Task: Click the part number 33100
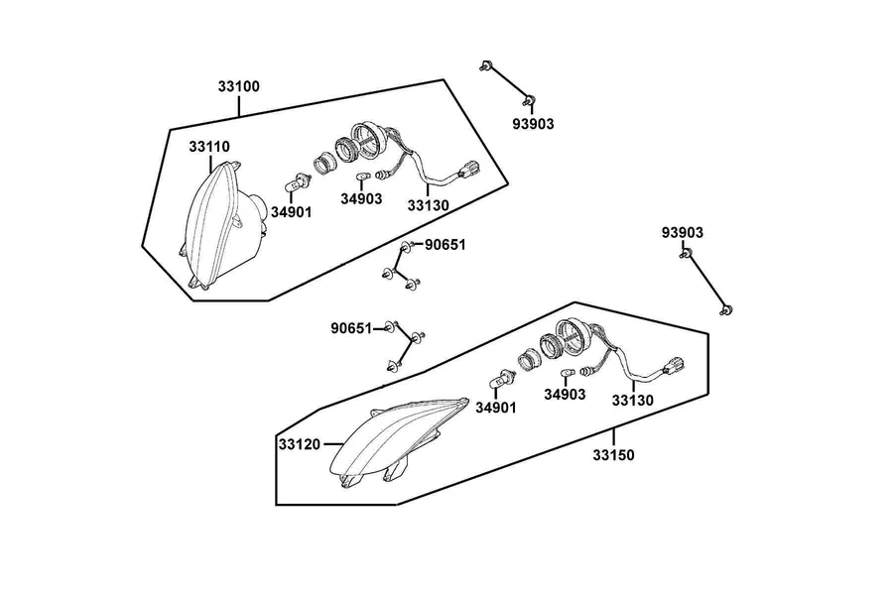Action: [238, 86]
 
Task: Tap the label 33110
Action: [209, 147]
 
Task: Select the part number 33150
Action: [613, 455]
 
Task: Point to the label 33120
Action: [300, 444]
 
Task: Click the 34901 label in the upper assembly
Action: [291, 212]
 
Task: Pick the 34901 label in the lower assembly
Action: [496, 408]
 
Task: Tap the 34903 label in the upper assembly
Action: [361, 198]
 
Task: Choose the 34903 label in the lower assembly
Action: [565, 394]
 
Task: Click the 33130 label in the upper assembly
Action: [429, 205]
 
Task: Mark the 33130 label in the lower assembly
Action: [633, 401]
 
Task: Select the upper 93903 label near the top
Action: [533, 124]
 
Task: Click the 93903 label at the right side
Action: [683, 232]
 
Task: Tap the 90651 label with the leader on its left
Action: [446, 245]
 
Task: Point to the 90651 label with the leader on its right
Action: [351, 328]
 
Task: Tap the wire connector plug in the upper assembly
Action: [470, 170]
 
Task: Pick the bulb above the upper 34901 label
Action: [298, 183]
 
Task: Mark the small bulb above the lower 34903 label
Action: [567, 372]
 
